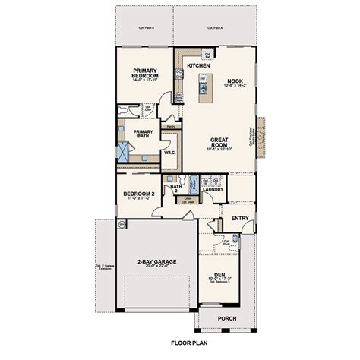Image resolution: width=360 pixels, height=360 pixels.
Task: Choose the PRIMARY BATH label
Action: (143, 133)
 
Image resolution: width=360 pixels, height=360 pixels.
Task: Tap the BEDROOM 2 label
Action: (140, 194)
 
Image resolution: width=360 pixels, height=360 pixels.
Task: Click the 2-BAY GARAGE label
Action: (157, 261)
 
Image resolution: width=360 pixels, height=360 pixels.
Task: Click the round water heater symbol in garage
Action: (121, 224)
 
